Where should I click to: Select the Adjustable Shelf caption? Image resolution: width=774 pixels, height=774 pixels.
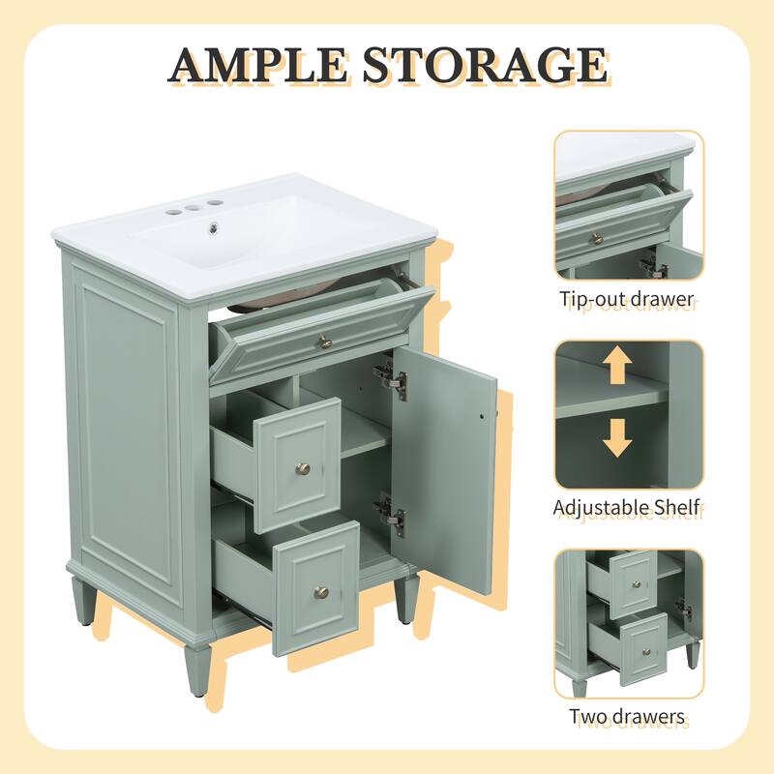pyautogui.click(x=627, y=506)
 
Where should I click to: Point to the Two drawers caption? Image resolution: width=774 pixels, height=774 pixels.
pyautogui.click(x=628, y=716)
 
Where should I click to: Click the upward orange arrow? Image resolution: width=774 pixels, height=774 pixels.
pyautogui.click(x=616, y=368)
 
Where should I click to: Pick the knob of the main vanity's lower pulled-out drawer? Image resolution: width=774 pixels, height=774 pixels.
pyautogui.click(x=320, y=592)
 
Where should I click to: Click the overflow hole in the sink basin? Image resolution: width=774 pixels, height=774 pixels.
pyautogui.click(x=289, y=228)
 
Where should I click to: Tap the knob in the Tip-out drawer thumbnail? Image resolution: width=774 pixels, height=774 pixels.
pyautogui.click(x=597, y=237)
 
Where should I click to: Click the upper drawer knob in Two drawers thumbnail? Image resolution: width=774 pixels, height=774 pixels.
pyautogui.click(x=637, y=582)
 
